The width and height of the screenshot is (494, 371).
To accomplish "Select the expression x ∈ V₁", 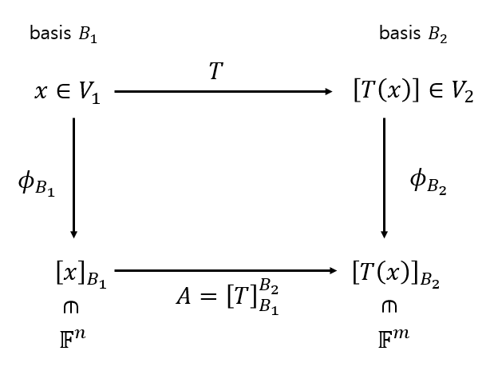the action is tap(68, 94).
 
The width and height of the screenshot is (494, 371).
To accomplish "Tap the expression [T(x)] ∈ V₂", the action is tap(413, 94).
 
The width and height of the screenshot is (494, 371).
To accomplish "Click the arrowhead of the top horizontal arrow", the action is tap(329, 92).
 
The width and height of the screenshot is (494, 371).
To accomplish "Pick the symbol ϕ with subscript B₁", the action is tap(36, 184).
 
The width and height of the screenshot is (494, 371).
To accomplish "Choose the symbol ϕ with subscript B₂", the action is tap(428, 182).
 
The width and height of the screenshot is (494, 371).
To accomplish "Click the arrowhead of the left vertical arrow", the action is tap(73, 233).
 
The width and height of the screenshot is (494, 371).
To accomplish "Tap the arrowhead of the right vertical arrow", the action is tap(384, 233).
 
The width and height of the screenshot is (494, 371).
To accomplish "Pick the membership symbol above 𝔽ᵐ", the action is tap(389, 306).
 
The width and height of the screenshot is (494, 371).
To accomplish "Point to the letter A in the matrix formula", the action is tap(186, 297).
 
